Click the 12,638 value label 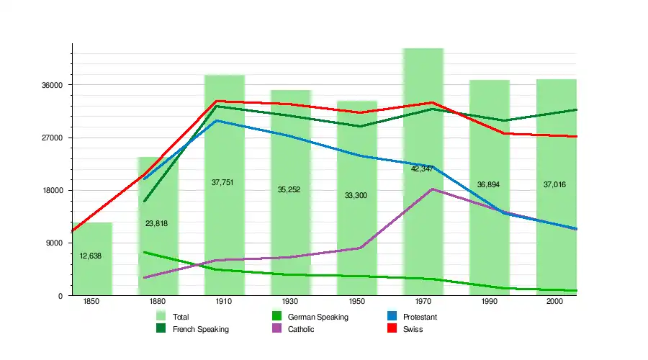[x=91, y=256]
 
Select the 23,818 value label [x=156, y=224]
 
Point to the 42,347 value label [x=422, y=169]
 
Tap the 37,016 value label [x=554, y=185]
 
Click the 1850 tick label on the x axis [x=91, y=302]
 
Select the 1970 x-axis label [x=422, y=302]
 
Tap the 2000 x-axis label [x=554, y=302]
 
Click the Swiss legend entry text [x=413, y=330]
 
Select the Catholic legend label [x=301, y=330]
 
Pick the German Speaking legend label [x=318, y=317]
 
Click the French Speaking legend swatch [x=161, y=330]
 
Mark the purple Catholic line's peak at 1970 [x=432, y=189]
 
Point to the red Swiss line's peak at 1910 [x=217, y=102]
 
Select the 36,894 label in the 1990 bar [x=488, y=185]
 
